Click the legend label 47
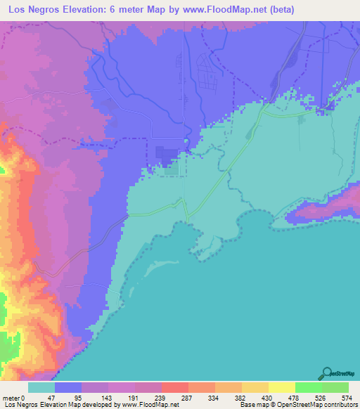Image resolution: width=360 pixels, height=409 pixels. pos(51,397)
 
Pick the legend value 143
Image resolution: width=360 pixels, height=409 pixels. pos(105,397)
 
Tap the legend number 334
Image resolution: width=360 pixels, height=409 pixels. pos(213,397)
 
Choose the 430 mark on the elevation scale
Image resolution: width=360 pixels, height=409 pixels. pos(268,397)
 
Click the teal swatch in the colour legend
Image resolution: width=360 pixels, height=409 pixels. pos(41,387)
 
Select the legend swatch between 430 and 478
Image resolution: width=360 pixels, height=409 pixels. pos(282,387)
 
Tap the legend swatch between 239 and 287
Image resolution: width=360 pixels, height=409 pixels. pos(175,387)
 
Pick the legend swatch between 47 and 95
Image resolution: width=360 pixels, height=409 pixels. pos(68,387)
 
